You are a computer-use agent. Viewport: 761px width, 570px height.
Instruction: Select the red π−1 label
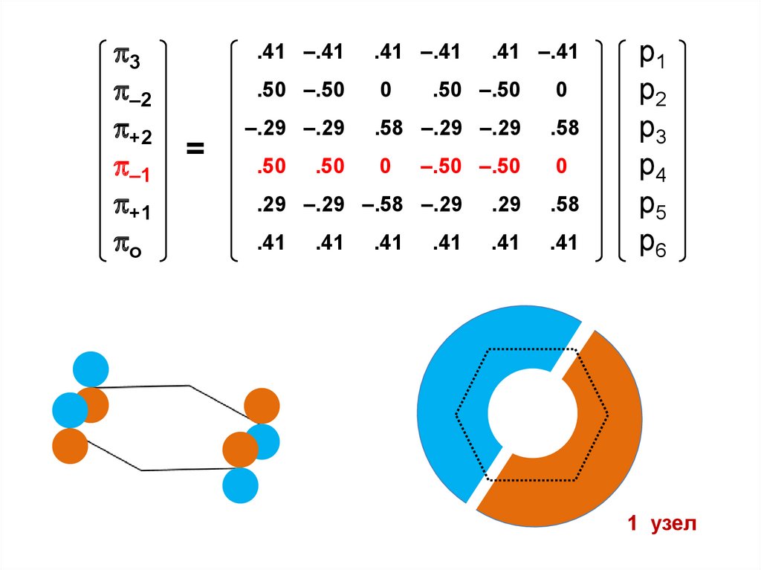(x=131, y=173)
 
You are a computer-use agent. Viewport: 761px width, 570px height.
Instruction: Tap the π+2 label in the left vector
(x=131, y=135)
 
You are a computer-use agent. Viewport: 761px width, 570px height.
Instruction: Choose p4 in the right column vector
(x=652, y=170)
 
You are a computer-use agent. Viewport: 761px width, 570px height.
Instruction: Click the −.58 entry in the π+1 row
(x=382, y=204)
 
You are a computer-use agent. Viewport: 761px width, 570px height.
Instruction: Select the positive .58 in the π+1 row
(x=564, y=204)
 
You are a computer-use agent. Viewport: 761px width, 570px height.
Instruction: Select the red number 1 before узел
(x=632, y=525)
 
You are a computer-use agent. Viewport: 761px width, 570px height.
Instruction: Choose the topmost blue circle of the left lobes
(x=91, y=369)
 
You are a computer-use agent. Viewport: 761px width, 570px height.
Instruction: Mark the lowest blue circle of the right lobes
(x=241, y=486)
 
